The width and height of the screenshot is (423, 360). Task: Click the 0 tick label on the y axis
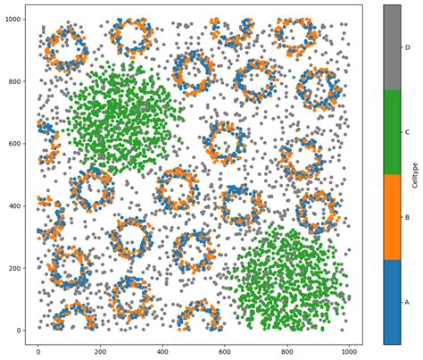pyautogui.click(x=18, y=331)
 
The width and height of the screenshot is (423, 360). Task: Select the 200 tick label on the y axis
pyautogui.click(x=13, y=268)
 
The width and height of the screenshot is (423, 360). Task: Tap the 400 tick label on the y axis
pyautogui.click(x=13, y=206)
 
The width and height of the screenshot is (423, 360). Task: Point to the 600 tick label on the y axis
pyautogui.click(x=13, y=144)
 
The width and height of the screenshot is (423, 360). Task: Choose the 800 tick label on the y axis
pyautogui.click(x=13, y=81)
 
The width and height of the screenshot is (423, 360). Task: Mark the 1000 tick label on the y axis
pyautogui.click(x=12, y=20)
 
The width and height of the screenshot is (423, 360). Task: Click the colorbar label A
pyautogui.click(x=407, y=302)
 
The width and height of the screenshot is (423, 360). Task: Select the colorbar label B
pyautogui.click(x=407, y=217)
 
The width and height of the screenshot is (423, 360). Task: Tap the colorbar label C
pyautogui.click(x=407, y=132)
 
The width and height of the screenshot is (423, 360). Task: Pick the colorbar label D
pyautogui.click(x=407, y=46)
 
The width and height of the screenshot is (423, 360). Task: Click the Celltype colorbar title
pyautogui.click(x=417, y=174)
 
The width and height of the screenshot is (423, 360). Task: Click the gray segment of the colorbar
pyautogui.click(x=391, y=46)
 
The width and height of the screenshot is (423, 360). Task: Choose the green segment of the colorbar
pyautogui.click(x=391, y=132)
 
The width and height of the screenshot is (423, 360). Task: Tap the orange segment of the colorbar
pyautogui.click(x=391, y=217)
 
